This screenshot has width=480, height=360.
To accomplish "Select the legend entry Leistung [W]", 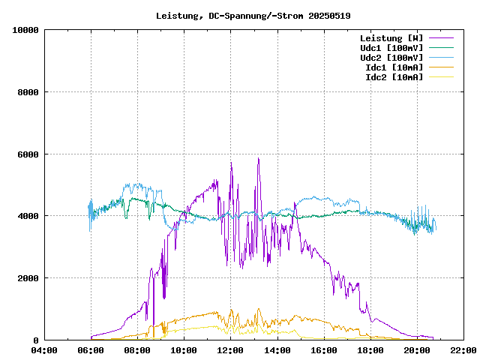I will pyautogui.click(x=391, y=37).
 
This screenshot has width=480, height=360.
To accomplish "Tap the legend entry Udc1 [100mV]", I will pyautogui.click(x=391, y=47).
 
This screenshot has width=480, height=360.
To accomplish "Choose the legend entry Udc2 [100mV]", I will pyautogui.click(x=391, y=57).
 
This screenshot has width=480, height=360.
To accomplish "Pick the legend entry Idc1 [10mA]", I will pyautogui.click(x=394, y=67).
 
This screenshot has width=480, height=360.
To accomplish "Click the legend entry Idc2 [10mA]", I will pyautogui.click(x=394, y=76).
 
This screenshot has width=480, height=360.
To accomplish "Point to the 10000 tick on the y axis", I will pyautogui.click(x=25, y=30).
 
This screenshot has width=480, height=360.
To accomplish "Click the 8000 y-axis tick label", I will pyautogui.click(x=28, y=92).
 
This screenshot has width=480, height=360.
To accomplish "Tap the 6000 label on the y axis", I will pyautogui.click(x=28, y=154).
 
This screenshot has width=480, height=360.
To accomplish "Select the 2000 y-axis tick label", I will pyautogui.click(x=28, y=278).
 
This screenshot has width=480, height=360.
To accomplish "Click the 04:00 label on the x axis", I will pyautogui.click(x=44, y=350).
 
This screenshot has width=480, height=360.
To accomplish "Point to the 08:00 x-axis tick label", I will pyautogui.click(x=137, y=350).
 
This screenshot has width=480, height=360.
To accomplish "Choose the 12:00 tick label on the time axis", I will pyautogui.click(x=230, y=350).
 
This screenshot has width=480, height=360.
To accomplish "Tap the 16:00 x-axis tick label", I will pyautogui.click(x=323, y=350).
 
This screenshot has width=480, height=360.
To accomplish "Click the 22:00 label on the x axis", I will pyautogui.click(x=463, y=350).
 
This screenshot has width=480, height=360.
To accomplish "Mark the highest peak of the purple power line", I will pyautogui.click(x=258, y=158).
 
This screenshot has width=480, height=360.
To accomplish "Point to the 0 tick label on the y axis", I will pyautogui.click(x=37, y=340).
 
